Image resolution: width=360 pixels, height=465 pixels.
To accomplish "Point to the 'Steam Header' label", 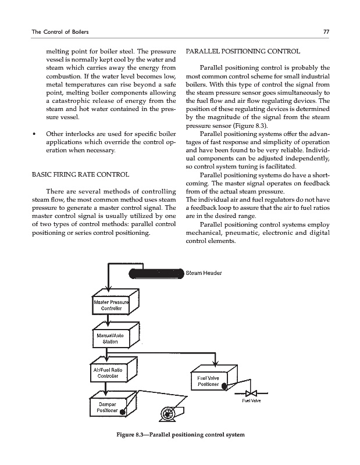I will point(204,273).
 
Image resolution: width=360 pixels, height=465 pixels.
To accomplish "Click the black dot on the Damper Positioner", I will point(123,413).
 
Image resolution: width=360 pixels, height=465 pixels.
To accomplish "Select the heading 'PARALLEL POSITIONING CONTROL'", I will point(242,51).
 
